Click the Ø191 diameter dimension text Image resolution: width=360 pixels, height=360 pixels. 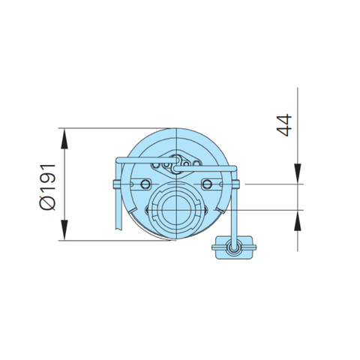(x=46, y=184)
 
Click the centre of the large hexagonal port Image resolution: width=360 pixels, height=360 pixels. (x=175, y=208)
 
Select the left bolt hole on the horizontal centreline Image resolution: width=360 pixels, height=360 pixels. (x=142, y=183)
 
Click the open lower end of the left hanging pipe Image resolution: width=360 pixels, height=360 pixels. (x=118, y=226)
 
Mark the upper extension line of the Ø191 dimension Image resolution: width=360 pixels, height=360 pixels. (x=112, y=128)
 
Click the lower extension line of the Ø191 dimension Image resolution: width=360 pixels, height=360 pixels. (x=112, y=241)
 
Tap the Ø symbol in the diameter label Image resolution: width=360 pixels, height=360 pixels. (x=46, y=203)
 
